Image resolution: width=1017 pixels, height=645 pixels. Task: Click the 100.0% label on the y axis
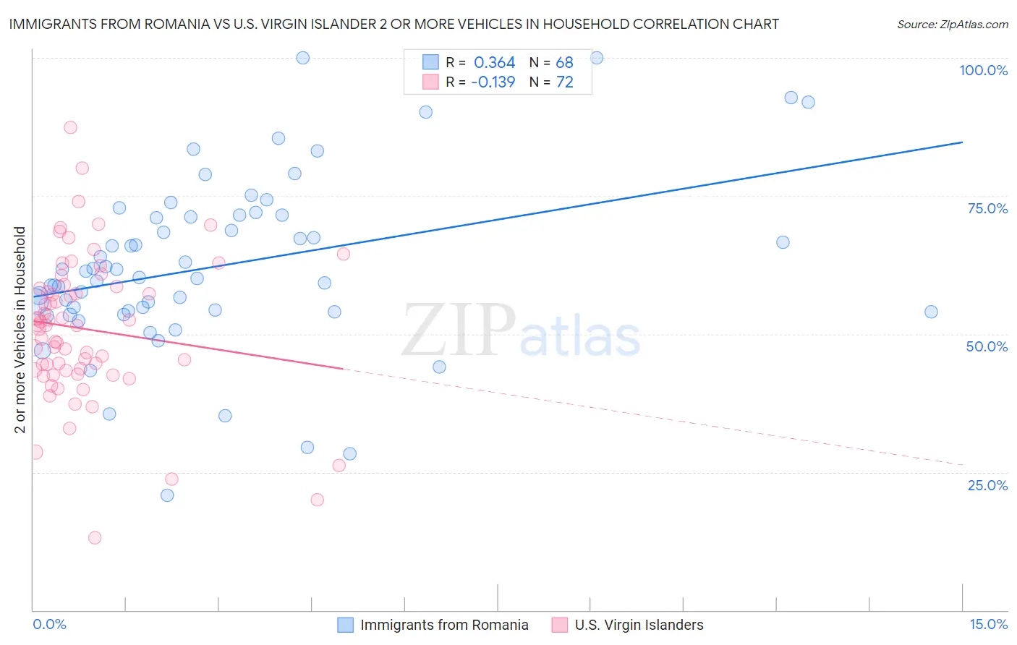tap(983, 70)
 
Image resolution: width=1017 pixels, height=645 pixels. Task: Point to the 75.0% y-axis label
tap(987, 208)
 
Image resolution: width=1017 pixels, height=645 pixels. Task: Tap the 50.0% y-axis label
tap(987, 346)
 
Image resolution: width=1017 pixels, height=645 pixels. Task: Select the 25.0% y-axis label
tap(987, 485)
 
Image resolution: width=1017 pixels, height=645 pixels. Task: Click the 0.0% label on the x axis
tap(49, 625)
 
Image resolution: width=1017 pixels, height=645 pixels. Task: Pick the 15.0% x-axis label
tap(988, 625)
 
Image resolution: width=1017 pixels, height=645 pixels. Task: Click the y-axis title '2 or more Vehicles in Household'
tap(20, 330)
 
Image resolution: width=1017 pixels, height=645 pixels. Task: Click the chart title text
tap(393, 24)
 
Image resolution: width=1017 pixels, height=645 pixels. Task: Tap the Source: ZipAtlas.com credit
tap(952, 25)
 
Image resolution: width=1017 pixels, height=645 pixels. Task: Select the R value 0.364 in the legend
tap(494, 63)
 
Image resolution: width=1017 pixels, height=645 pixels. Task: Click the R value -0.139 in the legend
tap(493, 82)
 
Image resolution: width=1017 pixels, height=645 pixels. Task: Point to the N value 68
tap(564, 63)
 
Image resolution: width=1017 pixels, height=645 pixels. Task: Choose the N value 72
tap(564, 82)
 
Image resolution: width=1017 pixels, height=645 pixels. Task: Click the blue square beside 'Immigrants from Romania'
tap(346, 625)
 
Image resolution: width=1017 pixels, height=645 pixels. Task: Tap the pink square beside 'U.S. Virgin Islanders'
tap(560, 625)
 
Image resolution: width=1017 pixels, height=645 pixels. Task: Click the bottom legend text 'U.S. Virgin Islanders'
tap(639, 625)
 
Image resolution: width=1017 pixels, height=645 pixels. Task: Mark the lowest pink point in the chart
tap(95, 538)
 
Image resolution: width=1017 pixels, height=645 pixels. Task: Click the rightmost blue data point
tap(931, 312)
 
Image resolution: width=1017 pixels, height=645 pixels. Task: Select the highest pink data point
tap(70, 127)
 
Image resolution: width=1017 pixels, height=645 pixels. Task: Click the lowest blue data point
tap(167, 495)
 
